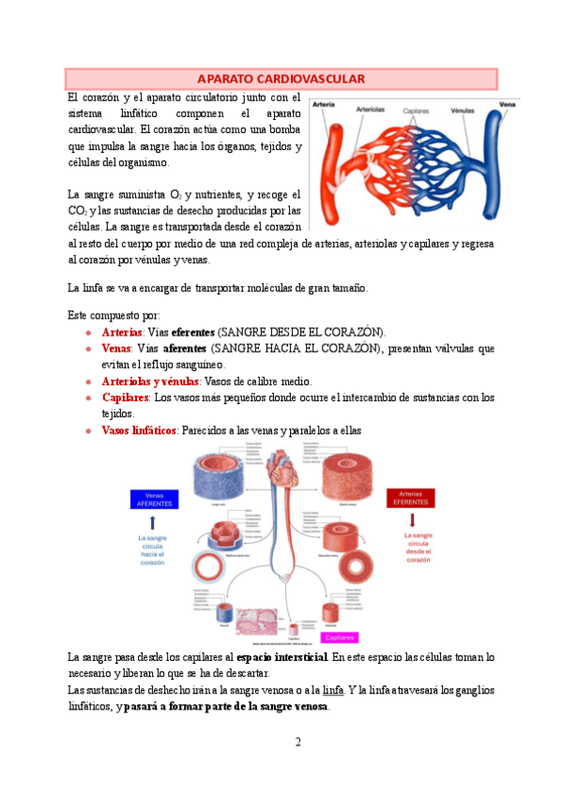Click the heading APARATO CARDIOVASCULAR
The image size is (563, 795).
[281, 79]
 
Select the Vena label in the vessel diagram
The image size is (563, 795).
[508, 103]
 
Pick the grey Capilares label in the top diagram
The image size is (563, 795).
[418, 111]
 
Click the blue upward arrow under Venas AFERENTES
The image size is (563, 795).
[151, 522]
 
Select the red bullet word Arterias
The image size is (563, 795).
[122, 332]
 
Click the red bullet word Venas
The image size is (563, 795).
[116, 349]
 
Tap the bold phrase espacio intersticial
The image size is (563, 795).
[282, 657]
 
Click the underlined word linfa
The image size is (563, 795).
[333, 690]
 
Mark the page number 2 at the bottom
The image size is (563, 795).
[297, 742]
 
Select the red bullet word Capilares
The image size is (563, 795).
[126, 397]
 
